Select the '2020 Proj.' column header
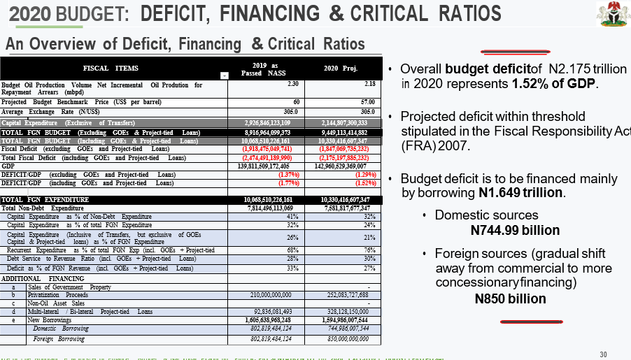341,69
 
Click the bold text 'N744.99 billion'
516,231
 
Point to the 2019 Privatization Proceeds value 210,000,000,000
267,295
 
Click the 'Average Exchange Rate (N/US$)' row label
50,112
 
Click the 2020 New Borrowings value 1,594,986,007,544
342,319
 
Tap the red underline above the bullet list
505,52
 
